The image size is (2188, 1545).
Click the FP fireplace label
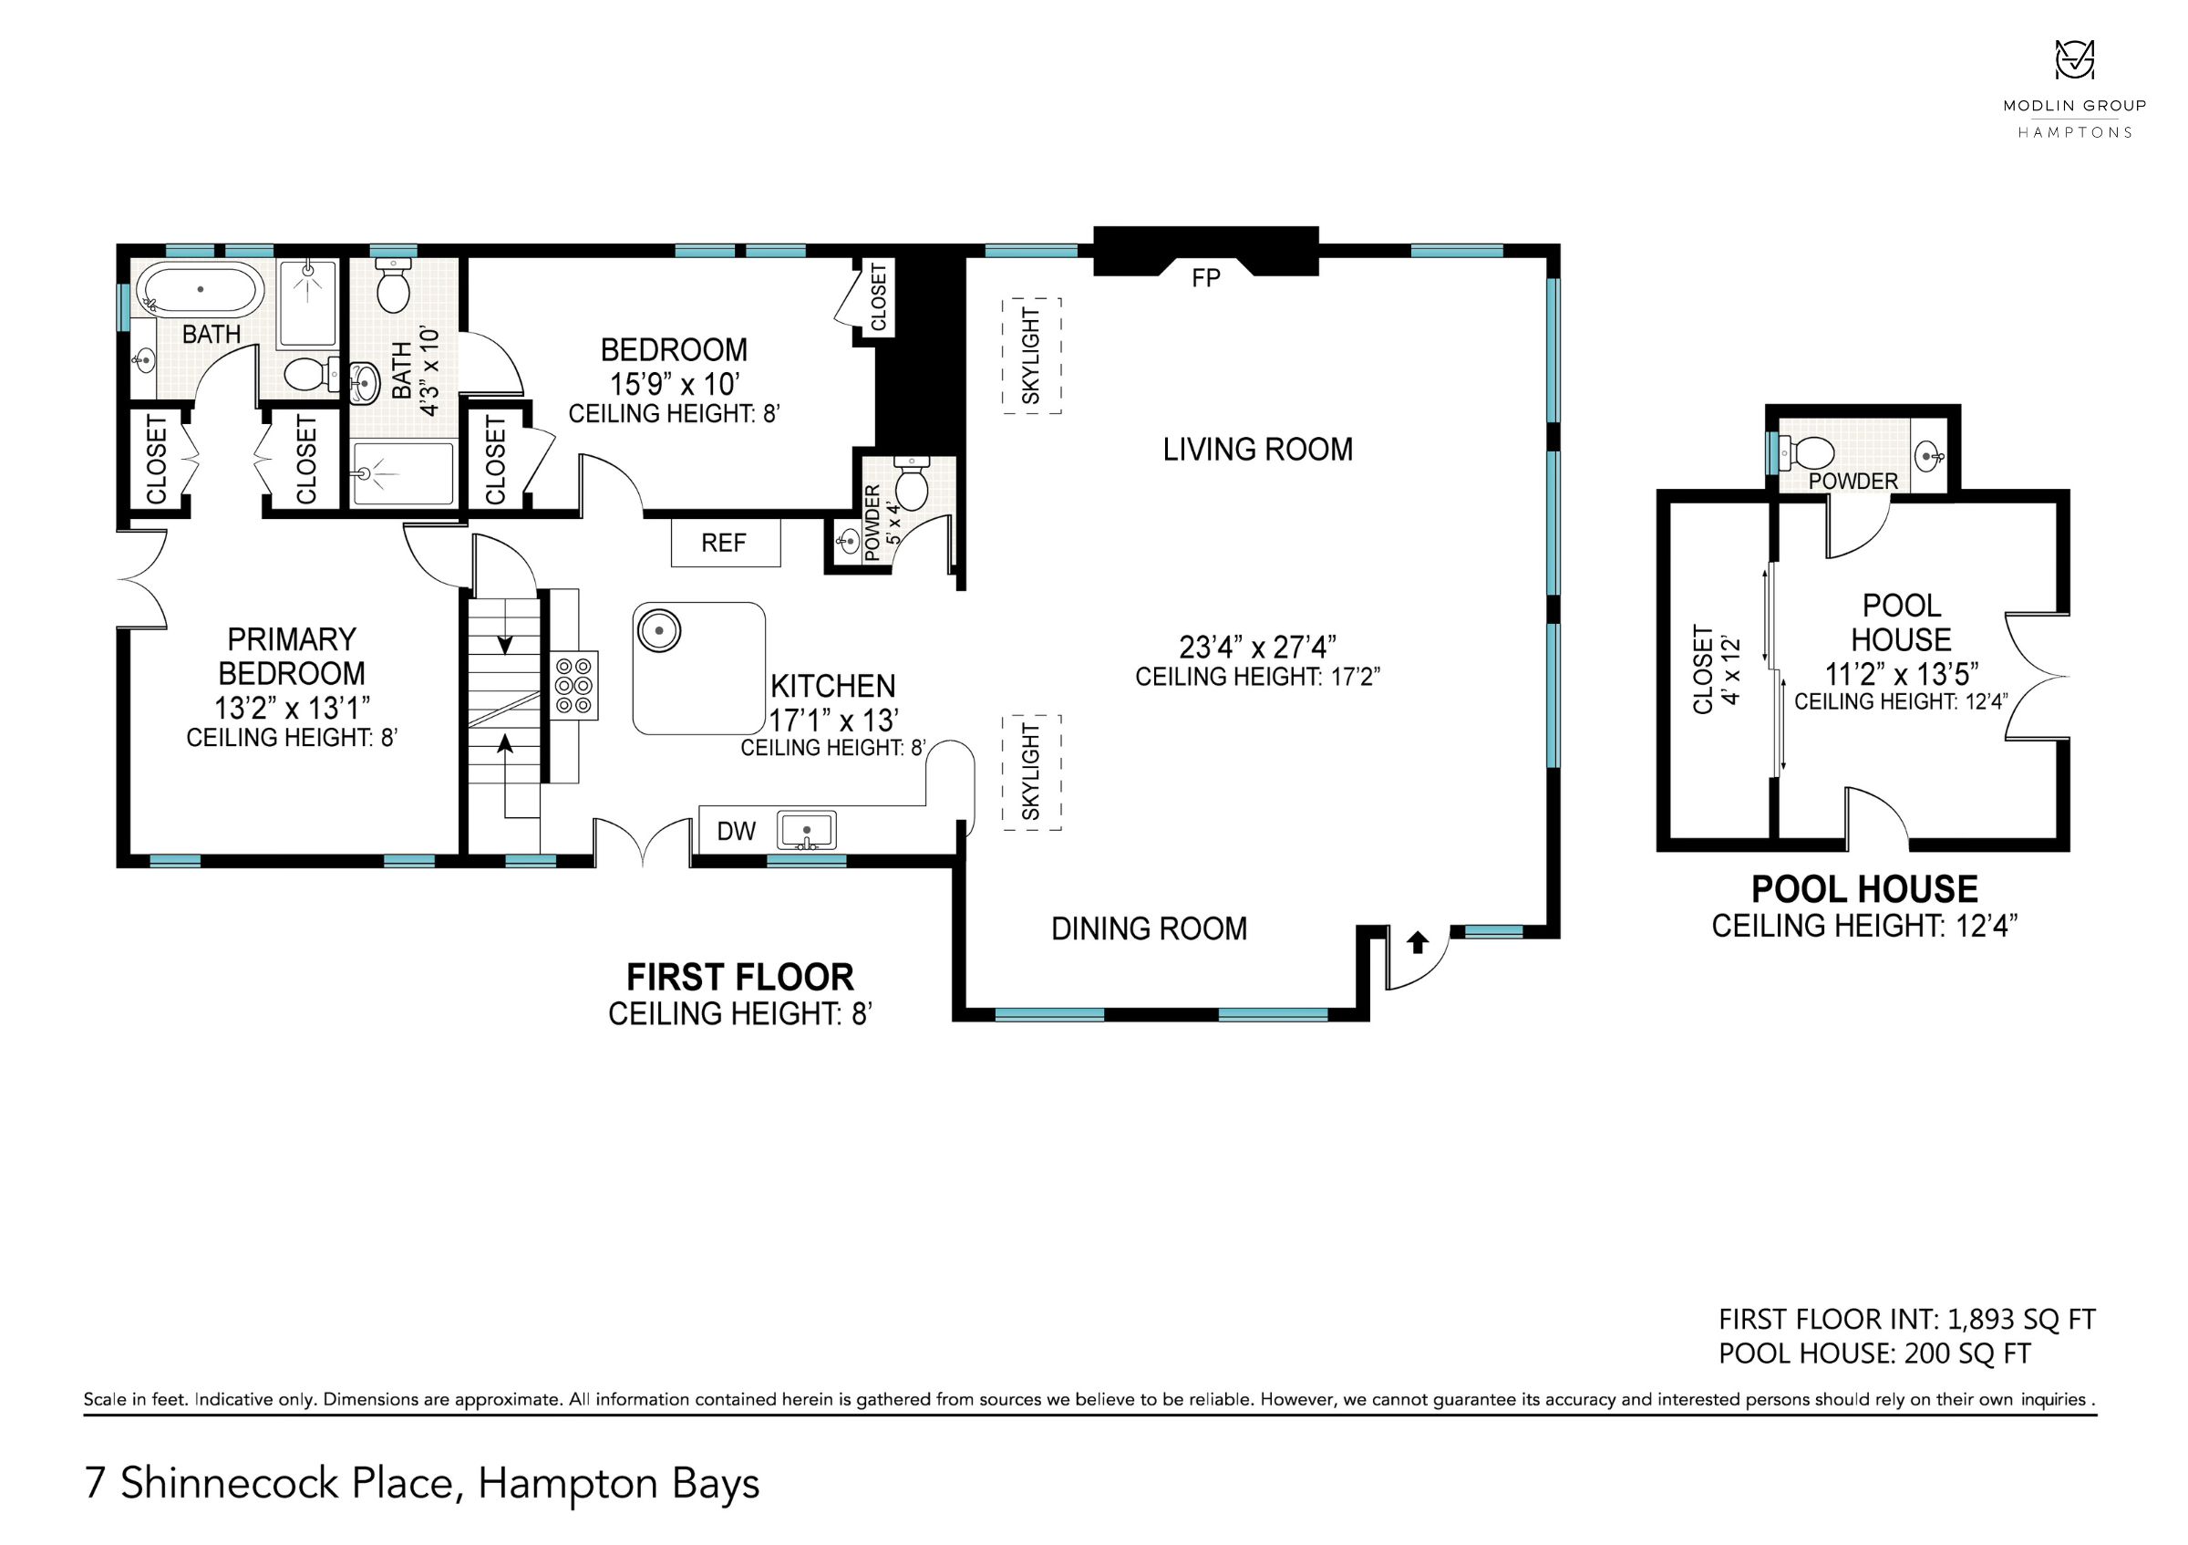1205,277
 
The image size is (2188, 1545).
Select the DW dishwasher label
736,831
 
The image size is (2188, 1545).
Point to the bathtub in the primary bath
201,289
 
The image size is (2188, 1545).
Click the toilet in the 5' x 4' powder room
912,482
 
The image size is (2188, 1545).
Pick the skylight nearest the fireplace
1031,356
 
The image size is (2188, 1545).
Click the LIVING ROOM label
1257,449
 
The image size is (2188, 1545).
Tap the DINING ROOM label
1149,928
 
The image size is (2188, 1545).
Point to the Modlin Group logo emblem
2073,59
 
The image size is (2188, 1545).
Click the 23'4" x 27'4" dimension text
1257,648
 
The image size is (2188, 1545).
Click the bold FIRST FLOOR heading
739,977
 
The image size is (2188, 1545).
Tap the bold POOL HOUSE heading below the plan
1864,889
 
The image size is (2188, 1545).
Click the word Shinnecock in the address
286,1483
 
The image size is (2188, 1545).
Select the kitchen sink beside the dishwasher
806,830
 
